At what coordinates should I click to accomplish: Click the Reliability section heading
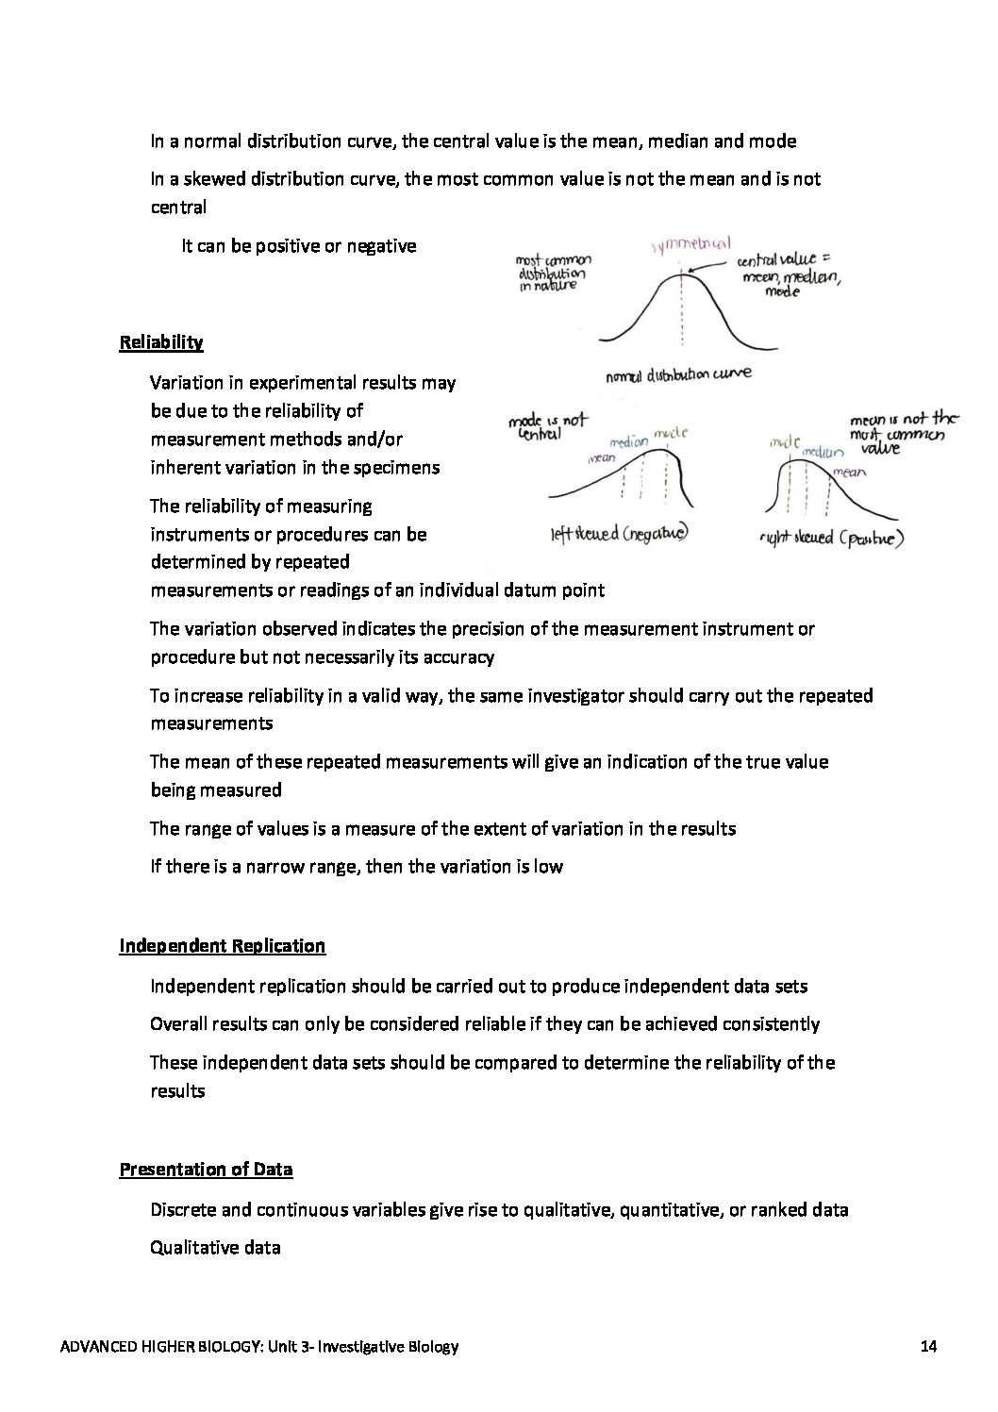160,342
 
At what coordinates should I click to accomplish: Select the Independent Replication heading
222,946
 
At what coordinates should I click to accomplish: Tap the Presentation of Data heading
206,1170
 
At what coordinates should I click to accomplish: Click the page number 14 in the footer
927,1347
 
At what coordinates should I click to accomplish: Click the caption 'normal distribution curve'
678,375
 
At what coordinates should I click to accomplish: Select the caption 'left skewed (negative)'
618,533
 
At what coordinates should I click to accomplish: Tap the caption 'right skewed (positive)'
832,540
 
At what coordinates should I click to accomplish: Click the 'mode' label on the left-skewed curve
670,433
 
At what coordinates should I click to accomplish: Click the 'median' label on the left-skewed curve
629,441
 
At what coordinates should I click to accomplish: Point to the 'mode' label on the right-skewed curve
784,441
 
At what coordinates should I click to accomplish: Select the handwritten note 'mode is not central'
547,427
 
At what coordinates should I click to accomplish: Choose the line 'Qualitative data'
215,1248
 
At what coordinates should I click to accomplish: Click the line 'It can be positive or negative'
298,246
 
